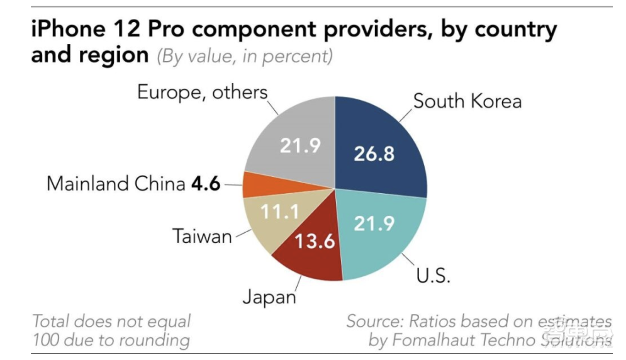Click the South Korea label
point(467,101)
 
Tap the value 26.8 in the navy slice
point(374,153)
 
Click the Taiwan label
point(202,237)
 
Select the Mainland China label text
point(116,184)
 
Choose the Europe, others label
point(202,93)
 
